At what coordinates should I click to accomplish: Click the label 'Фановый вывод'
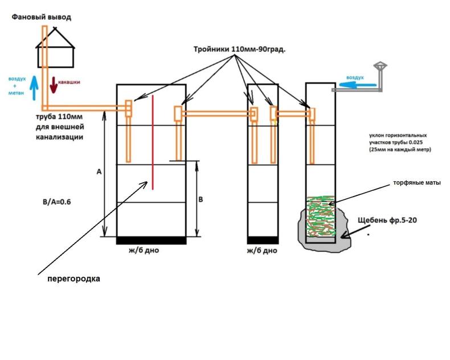coord(42,17)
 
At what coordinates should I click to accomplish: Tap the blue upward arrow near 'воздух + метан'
coord(34,88)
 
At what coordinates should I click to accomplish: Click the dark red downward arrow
coord(54,85)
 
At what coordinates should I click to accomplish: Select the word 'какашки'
coord(69,82)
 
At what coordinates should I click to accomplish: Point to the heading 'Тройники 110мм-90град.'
coord(240,50)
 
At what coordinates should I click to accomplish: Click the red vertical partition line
coord(153,142)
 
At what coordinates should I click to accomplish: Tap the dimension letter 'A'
coord(99,171)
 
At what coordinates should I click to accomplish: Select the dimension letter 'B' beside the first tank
coord(201,199)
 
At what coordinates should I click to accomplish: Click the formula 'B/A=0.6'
coord(56,202)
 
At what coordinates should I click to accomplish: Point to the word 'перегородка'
coord(73,279)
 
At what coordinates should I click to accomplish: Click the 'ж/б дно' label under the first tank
coord(144,250)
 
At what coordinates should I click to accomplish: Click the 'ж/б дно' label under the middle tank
coord(262,251)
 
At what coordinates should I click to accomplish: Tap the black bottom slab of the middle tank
coord(263,240)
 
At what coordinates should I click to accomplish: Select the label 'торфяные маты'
coord(417,183)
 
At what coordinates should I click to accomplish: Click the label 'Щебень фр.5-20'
coord(387,220)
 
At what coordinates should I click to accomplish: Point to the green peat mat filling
coord(321,216)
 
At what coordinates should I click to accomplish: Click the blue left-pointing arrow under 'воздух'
coord(358,85)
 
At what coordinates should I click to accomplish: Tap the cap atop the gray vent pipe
coord(380,66)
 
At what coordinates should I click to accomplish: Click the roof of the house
coord(55,38)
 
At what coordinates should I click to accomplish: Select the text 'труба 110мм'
coord(59,117)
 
